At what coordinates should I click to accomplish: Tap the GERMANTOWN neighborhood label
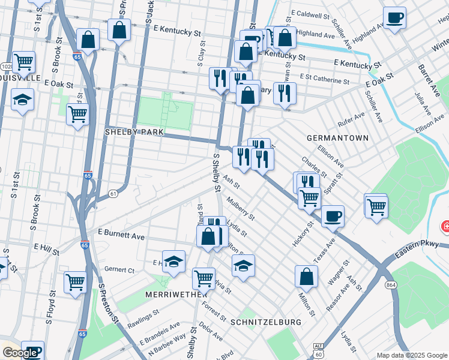tap(337, 138)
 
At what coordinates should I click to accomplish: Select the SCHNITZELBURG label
tap(266, 322)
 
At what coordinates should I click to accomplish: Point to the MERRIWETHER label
tap(176, 295)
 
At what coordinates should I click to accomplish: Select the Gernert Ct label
tap(119, 270)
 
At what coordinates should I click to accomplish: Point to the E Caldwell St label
tap(310, 14)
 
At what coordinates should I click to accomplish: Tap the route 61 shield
tap(113, 193)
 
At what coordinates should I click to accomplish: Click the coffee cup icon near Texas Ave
tap(333, 216)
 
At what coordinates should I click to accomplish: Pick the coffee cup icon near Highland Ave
tap(394, 17)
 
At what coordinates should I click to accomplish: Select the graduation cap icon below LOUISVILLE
tap(22, 100)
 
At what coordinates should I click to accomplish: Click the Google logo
tap(20, 353)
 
